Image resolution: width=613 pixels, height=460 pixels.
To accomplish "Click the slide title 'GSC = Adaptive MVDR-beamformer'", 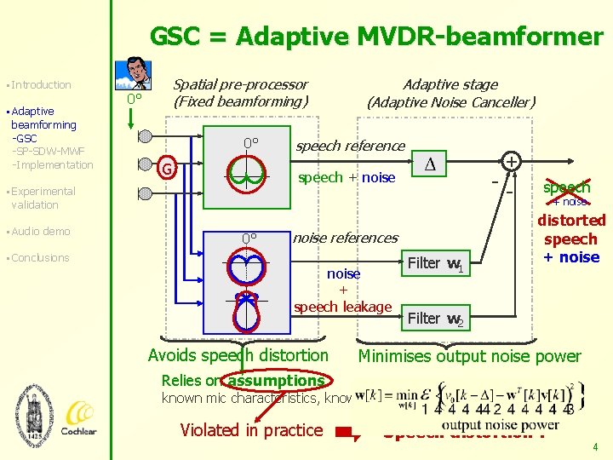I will coord(375,37).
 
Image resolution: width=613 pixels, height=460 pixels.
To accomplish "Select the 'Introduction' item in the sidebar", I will coord(41,84).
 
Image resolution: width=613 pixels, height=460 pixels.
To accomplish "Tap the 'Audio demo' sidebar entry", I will coord(40,232).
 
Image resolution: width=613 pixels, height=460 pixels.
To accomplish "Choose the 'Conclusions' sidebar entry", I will coord(40,258).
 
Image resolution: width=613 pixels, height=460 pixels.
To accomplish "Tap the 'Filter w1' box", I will coord(434,263).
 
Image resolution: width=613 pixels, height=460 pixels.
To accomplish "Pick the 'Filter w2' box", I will coord(434,319).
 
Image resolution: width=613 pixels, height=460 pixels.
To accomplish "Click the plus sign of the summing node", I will coord(512,161).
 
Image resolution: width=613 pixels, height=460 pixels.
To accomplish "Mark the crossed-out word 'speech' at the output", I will coord(566,187).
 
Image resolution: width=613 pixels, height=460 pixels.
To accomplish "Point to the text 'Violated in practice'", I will coord(251,430).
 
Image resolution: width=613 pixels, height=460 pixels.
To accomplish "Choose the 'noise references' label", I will coord(345,238).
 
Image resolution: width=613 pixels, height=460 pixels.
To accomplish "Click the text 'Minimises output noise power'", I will coord(469,356).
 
